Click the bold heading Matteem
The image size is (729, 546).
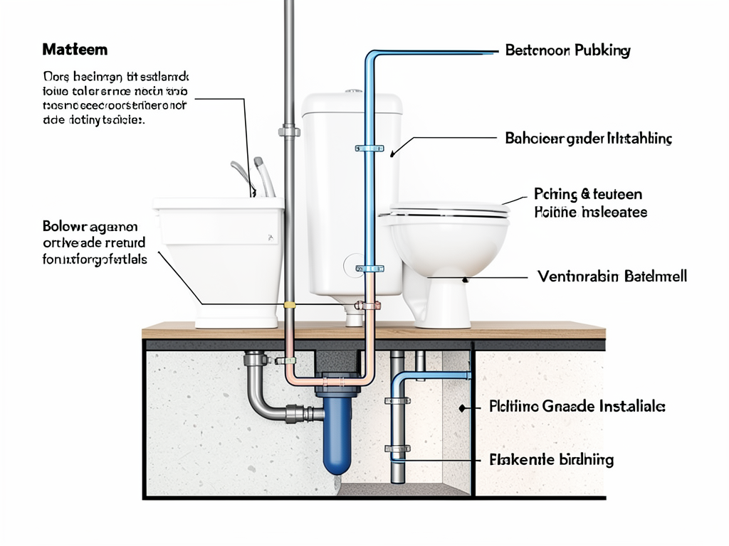pos(75,50)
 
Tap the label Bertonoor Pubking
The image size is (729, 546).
pos(567,51)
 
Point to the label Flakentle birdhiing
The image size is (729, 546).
pos(552,460)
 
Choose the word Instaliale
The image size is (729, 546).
pos(630,407)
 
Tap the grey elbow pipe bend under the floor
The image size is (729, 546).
pos(261,405)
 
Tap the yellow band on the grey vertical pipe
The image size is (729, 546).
pos(289,305)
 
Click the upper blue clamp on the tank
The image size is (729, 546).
pos(369,149)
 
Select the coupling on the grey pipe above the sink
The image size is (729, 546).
pos(289,131)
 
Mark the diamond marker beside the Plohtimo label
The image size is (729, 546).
pos(463,408)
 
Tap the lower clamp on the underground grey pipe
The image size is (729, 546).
pos(397,449)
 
